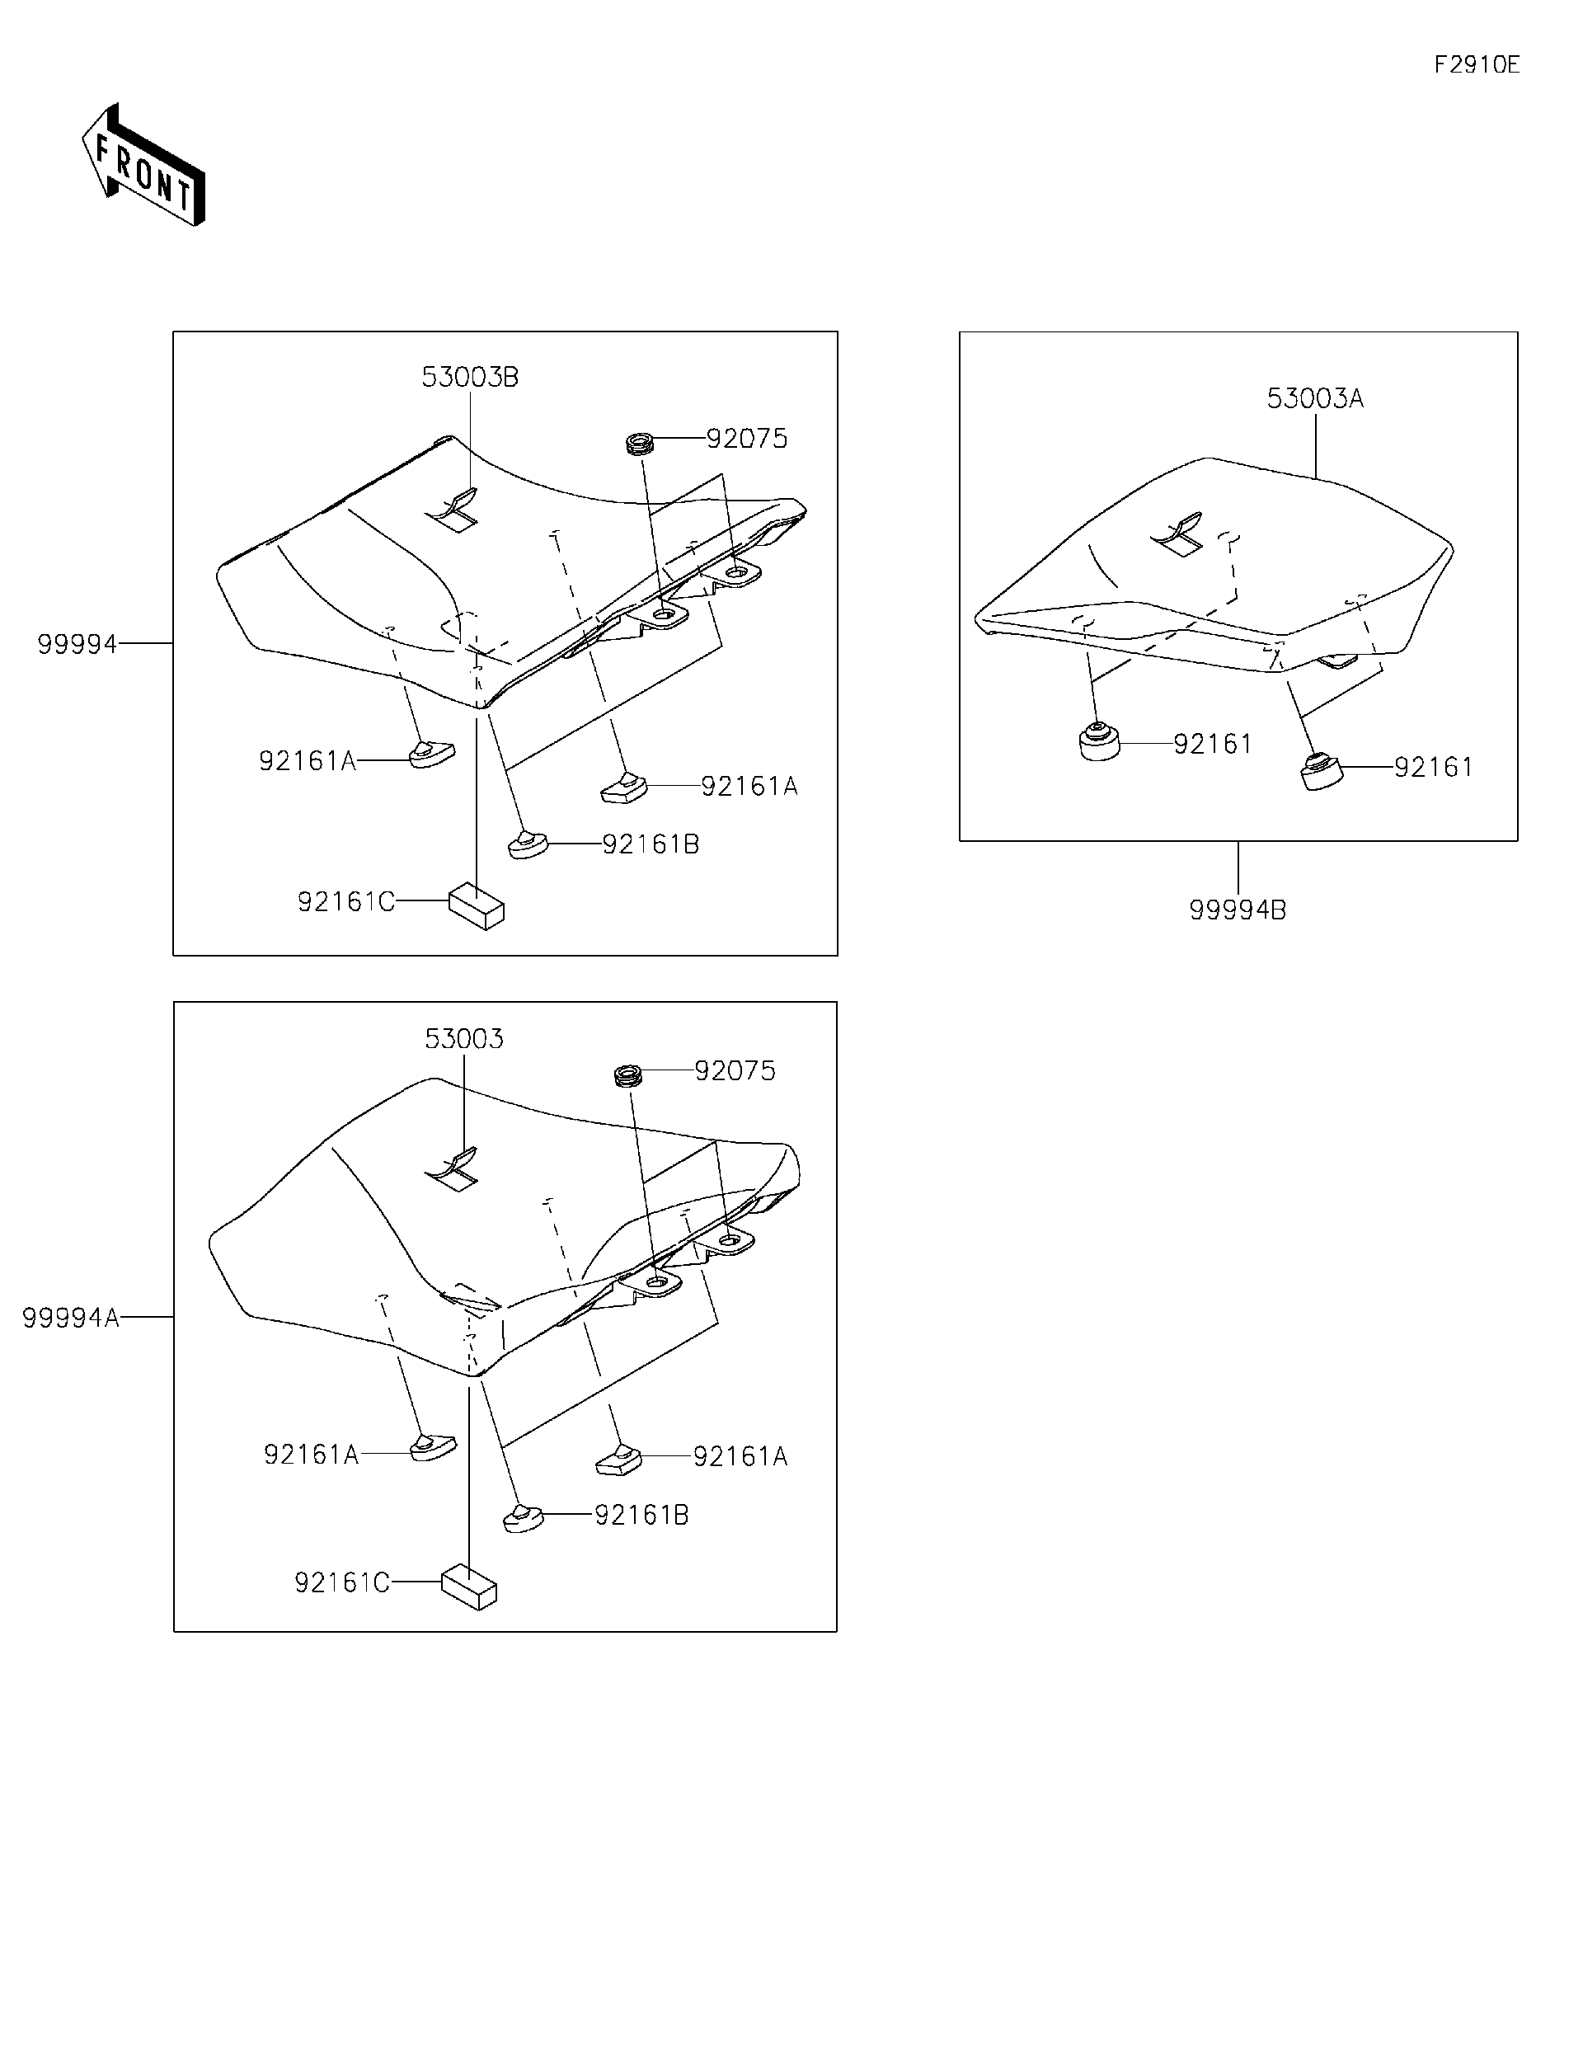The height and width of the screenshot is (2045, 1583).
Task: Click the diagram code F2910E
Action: [x=1477, y=64]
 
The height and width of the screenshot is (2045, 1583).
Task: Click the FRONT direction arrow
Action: [x=143, y=167]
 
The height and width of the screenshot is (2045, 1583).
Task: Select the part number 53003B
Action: [x=469, y=378]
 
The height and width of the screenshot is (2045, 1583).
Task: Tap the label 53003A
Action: [x=1314, y=399]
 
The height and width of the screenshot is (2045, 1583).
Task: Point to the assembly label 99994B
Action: [x=1237, y=910]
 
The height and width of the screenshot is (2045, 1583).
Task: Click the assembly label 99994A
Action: [x=71, y=1318]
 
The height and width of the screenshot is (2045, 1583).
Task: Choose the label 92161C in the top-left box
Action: [x=345, y=902]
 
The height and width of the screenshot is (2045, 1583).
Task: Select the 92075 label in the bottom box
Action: [x=735, y=1071]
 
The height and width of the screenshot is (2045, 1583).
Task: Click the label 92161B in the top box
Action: [x=651, y=844]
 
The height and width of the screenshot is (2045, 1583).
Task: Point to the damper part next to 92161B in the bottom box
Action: [x=523, y=1518]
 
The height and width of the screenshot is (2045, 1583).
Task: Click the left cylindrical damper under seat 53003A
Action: [x=1100, y=744]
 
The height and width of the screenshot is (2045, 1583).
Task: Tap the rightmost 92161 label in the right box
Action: [x=1433, y=768]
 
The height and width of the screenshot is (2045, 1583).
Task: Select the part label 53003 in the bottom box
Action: [x=463, y=1038]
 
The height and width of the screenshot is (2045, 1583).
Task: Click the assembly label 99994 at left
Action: [x=77, y=644]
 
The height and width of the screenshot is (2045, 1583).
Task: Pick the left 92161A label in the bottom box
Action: [x=311, y=1454]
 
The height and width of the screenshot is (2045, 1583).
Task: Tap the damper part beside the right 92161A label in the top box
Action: [x=623, y=787]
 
